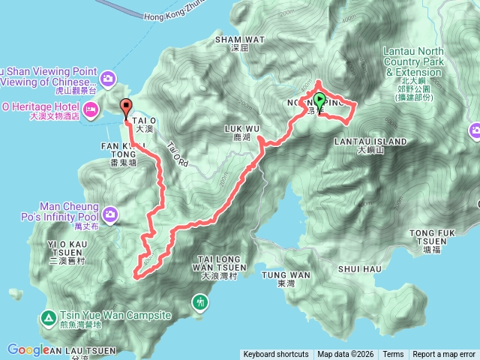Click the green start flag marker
click(319, 100)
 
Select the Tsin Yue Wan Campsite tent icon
click(49, 318)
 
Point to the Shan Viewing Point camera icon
click(108, 77)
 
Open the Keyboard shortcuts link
click(275, 355)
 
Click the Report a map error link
click(444, 355)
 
